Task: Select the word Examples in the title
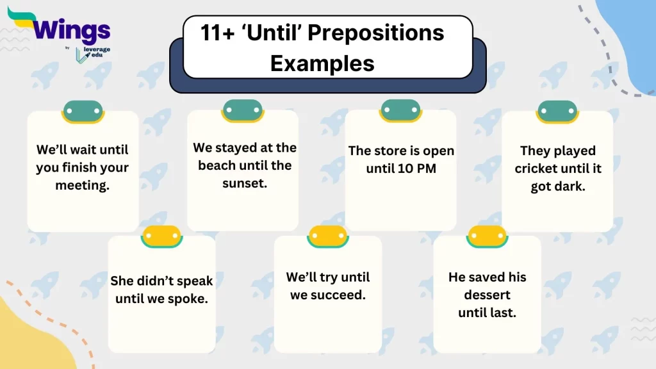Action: click(322, 63)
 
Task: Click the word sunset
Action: click(243, 183)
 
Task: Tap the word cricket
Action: click(537, 169)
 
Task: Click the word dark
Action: click(570, 187)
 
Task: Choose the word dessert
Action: click(488, 295)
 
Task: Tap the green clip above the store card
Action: click(400, 110)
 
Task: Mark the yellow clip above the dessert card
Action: click(487, 236)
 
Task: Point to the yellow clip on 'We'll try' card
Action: click(327, 236)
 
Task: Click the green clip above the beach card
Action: click(242, 110)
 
